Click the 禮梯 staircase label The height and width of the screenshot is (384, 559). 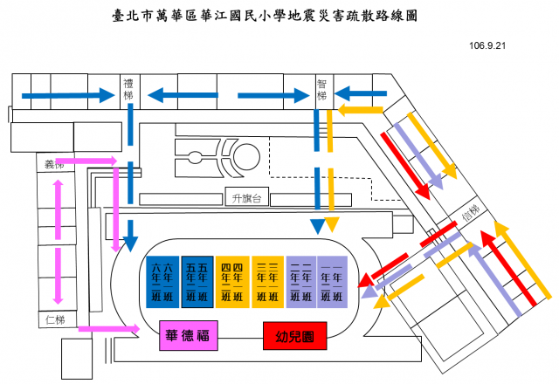click(130, 88)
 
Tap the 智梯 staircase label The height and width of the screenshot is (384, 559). click(322, 89)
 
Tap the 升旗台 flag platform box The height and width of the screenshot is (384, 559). click(247, 197)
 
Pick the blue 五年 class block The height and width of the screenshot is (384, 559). click(196, 282)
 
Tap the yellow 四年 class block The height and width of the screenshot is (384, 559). click(231, 282)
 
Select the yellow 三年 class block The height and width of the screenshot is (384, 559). click(266, 282)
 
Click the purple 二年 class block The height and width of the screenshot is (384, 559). click(300, 282)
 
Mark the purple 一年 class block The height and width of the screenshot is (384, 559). click(332, 282)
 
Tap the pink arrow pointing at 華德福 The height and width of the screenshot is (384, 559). click(114, 329)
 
